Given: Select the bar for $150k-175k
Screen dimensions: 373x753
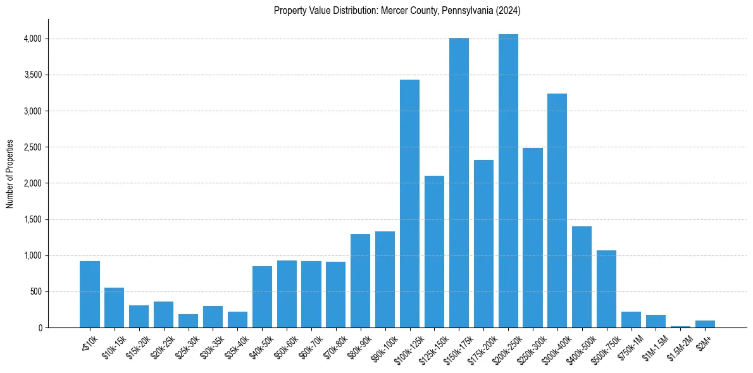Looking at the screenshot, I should coord(459,183).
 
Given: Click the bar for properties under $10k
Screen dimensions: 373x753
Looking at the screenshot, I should coord(90,295).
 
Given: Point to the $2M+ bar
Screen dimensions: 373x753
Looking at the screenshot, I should coord(705,324).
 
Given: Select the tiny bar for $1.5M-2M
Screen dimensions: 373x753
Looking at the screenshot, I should coord(680,327).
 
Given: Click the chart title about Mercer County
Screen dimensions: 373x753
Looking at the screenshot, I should coord(397,11).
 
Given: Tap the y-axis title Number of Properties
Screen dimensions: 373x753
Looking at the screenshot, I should coord(10,174).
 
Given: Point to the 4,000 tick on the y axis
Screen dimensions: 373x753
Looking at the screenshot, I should coord(33,39).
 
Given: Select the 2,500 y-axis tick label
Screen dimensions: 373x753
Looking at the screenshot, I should coord(33,147).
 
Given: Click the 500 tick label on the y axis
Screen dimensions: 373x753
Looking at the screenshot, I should coord(36,292).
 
